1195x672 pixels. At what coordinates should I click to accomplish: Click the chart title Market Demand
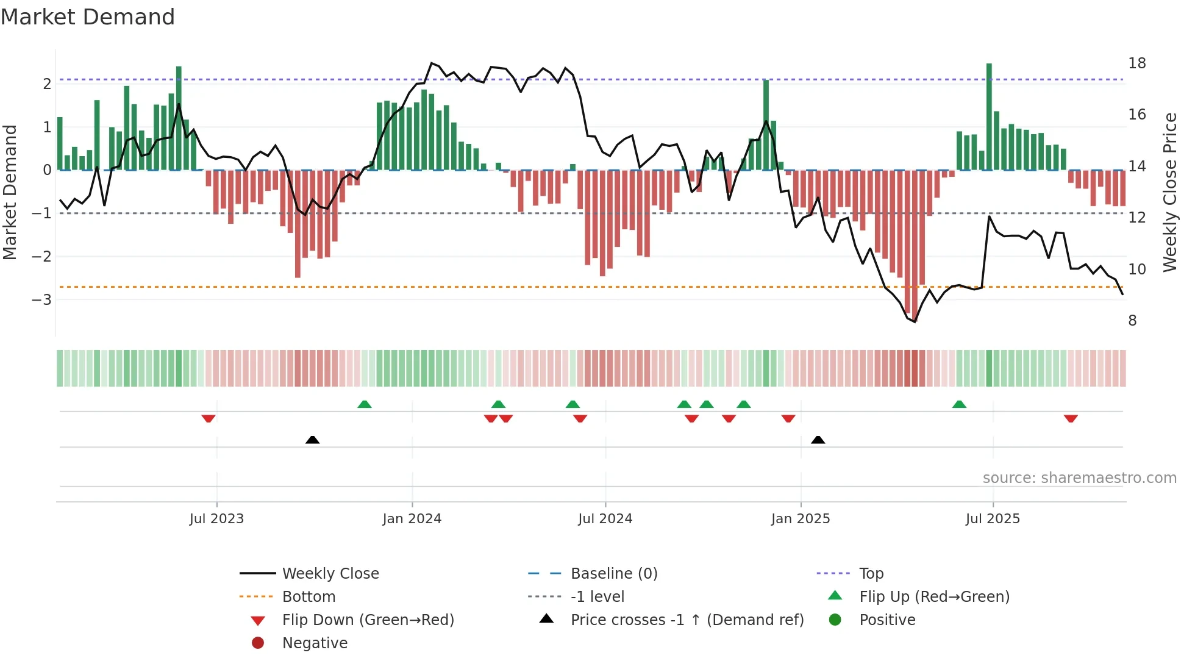[88, 17]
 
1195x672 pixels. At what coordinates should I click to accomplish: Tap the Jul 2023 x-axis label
[216, 519]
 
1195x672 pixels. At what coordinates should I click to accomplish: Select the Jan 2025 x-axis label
[800, 519]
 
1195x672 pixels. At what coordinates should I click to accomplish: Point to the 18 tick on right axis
[1136, 63]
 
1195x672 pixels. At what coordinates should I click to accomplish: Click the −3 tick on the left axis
[41, 300]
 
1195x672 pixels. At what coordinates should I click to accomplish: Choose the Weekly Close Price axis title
[1169, 192]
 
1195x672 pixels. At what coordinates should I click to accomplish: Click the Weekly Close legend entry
[330, 574]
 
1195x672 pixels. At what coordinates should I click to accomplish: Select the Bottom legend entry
[309, 597]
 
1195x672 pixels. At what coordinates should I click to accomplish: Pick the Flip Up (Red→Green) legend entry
[934, 597]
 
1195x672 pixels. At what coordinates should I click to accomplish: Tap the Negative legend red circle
[258, 643]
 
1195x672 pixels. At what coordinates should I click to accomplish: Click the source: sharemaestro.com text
[1079, 478]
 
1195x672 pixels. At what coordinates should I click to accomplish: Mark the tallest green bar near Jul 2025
[989, 116]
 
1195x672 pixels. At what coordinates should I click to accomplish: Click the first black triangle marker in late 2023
[312, 440]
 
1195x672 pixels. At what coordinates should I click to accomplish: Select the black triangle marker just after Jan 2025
[818, 440]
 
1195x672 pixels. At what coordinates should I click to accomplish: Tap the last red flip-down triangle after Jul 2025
[1071, 418]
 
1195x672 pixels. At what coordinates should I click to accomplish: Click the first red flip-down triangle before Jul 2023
[209, 418]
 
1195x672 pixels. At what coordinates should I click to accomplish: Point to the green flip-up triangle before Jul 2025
[959, 404]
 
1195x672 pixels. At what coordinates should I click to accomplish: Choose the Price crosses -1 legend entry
[687, 620]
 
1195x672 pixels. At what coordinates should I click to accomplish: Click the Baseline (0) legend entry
[613, 574]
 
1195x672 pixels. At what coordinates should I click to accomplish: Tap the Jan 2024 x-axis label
[412, 519]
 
